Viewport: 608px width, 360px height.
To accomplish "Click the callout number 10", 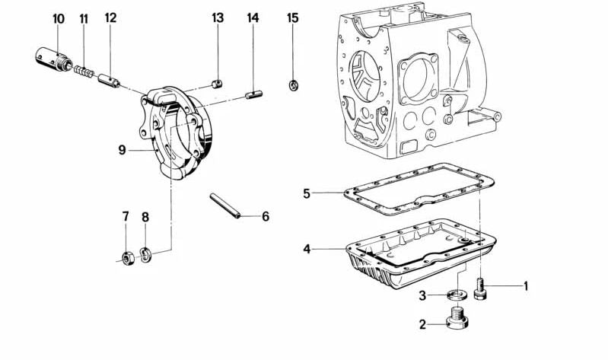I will [59, 18].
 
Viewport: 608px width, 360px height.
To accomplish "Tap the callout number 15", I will [293, 18].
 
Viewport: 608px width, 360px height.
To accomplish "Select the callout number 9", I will [121, 150].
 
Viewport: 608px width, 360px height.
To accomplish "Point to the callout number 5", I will [307, 193].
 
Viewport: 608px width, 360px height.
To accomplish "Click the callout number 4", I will [307, 249].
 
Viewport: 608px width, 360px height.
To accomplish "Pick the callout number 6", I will [266, 217].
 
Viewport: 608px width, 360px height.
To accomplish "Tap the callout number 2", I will [422, 325].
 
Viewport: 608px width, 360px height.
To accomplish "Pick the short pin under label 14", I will [254, 95].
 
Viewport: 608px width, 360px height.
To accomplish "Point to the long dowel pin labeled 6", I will [226, 206].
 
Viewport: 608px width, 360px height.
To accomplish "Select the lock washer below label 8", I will [146, 254].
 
